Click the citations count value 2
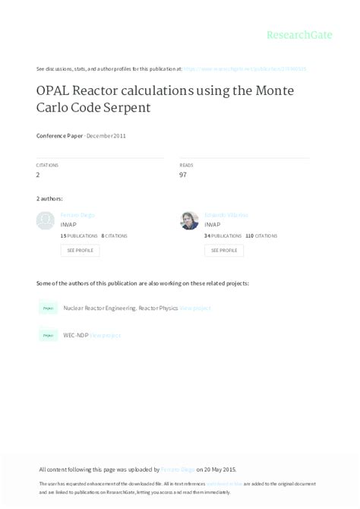click(x=38, y=175)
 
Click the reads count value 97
click(x=183, y=175)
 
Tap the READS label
click(x=186, y=165)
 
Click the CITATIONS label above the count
click(x=47, y=165)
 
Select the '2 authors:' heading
click(x=49, y=199)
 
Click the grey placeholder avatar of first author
click(x=46, y=221)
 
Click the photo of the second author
click(x=189, y=221)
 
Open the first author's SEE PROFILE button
click(x=80, y=250)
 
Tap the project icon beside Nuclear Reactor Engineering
click(x=48, y=308)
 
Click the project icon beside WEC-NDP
click(x=48, y=335)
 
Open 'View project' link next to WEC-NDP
click(x=106, y=335)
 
